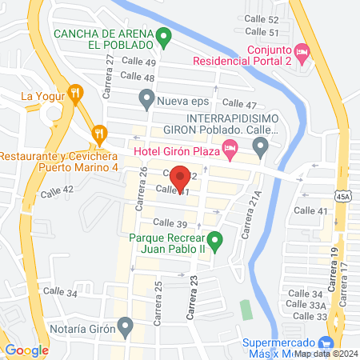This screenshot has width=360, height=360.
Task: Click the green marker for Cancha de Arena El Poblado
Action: point(163,36)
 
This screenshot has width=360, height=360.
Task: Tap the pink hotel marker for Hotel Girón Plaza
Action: point(230,146)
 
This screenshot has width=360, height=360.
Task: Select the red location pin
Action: point(181,177)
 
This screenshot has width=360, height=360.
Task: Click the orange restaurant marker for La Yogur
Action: point(76,94)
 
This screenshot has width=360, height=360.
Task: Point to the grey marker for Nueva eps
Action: point(146,100)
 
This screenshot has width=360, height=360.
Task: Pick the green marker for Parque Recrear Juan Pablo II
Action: point(214,239)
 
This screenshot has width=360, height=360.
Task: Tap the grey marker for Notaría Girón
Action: point(125,325)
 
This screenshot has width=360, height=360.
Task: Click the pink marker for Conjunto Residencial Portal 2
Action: point(302,52)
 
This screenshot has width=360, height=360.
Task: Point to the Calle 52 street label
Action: point(262,19)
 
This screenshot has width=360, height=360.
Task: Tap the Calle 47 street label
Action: point(238,104)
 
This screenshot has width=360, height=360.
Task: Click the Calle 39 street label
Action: point(169,222)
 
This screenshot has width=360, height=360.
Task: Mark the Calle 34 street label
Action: point(60,292)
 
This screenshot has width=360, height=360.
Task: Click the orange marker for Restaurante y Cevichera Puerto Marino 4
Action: point(98,133)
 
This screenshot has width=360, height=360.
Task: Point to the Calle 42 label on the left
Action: point(57,190)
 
